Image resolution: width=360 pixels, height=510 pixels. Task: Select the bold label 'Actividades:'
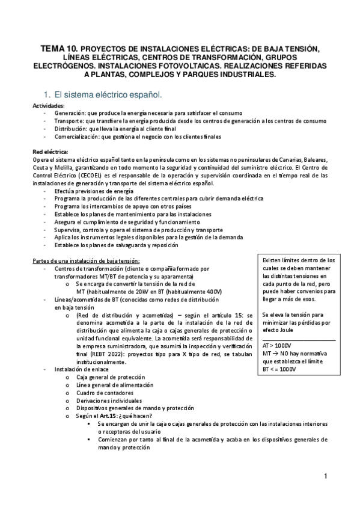(x=48, y=106)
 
